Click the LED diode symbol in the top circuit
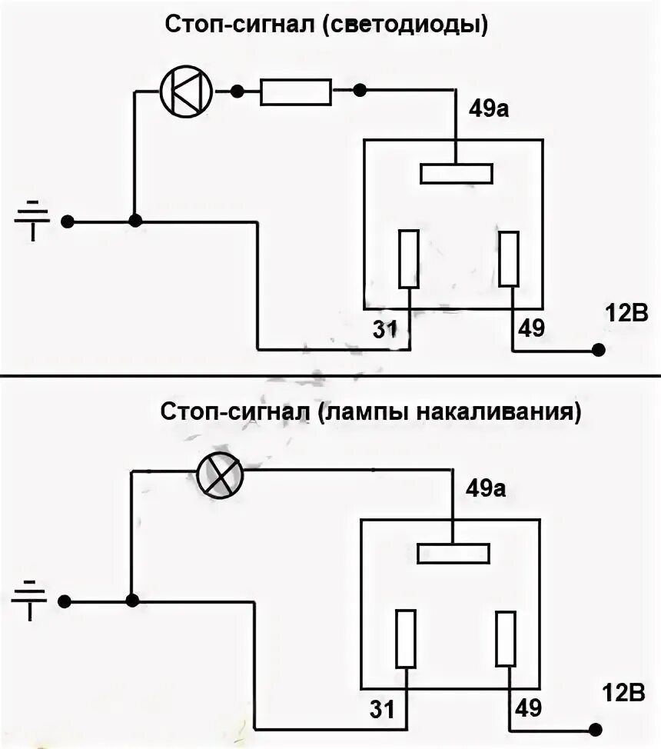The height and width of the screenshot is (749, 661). [186, 92]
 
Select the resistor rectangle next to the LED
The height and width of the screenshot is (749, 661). [296, 92]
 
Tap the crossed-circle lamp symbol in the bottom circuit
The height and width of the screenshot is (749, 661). [220, 474]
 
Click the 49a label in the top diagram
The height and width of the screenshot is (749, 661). [490, 109]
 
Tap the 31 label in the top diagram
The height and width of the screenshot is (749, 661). [384, 329]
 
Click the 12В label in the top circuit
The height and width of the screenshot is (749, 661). [625, 312]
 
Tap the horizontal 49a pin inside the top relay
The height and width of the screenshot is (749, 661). [456, 173]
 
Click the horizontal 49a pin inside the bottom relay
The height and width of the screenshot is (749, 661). [453, 553]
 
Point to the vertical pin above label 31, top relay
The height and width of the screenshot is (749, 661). [408, 259]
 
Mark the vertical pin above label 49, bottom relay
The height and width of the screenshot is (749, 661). [506, 637]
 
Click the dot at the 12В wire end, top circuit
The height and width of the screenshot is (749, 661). [598, 350]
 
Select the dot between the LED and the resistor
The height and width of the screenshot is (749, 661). [238, 92]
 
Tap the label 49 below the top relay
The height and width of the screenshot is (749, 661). [530, 328]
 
